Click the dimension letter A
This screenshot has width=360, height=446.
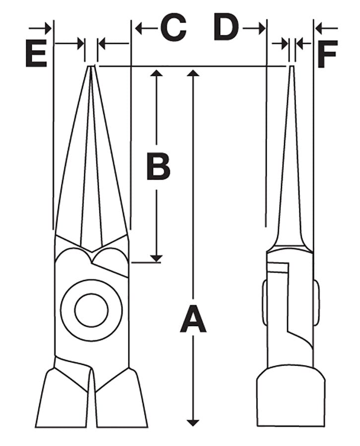193,319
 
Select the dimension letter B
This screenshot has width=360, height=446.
158,166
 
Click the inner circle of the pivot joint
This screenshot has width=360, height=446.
92,310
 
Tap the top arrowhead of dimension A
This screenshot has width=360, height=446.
193,73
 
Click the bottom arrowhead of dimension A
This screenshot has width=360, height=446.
193,422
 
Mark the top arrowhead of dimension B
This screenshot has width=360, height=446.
156,73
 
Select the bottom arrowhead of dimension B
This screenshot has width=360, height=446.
156,258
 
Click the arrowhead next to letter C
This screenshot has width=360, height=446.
139,28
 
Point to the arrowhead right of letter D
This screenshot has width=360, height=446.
261,28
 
